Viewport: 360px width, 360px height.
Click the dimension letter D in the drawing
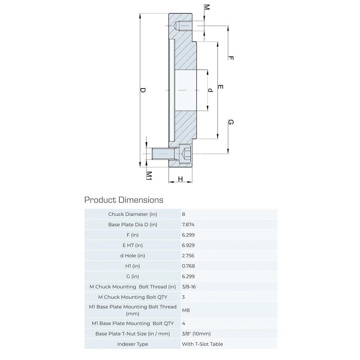[x=143, y=90]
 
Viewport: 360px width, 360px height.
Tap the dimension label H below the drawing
[x=180, y=179]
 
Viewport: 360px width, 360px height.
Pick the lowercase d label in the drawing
[x=211, y=90]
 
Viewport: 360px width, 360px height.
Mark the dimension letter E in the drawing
[x=221, y=87]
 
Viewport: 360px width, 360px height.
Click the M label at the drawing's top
[x=207, y=7]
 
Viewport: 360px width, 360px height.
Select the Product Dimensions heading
[x=123, y=200]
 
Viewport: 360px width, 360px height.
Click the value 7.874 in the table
[x=188, y=224]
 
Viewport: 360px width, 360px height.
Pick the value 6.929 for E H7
[x=188, y=245]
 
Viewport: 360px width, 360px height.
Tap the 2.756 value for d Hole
[x=188, y=256]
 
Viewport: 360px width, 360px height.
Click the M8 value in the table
[x=186, y=310]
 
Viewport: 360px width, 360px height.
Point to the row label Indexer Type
[x=132, y=344]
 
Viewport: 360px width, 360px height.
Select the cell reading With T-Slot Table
[x=202, y=344]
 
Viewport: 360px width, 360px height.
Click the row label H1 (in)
[x=132, y=266]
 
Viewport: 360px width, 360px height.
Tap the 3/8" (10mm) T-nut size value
[x=196, y=333]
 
